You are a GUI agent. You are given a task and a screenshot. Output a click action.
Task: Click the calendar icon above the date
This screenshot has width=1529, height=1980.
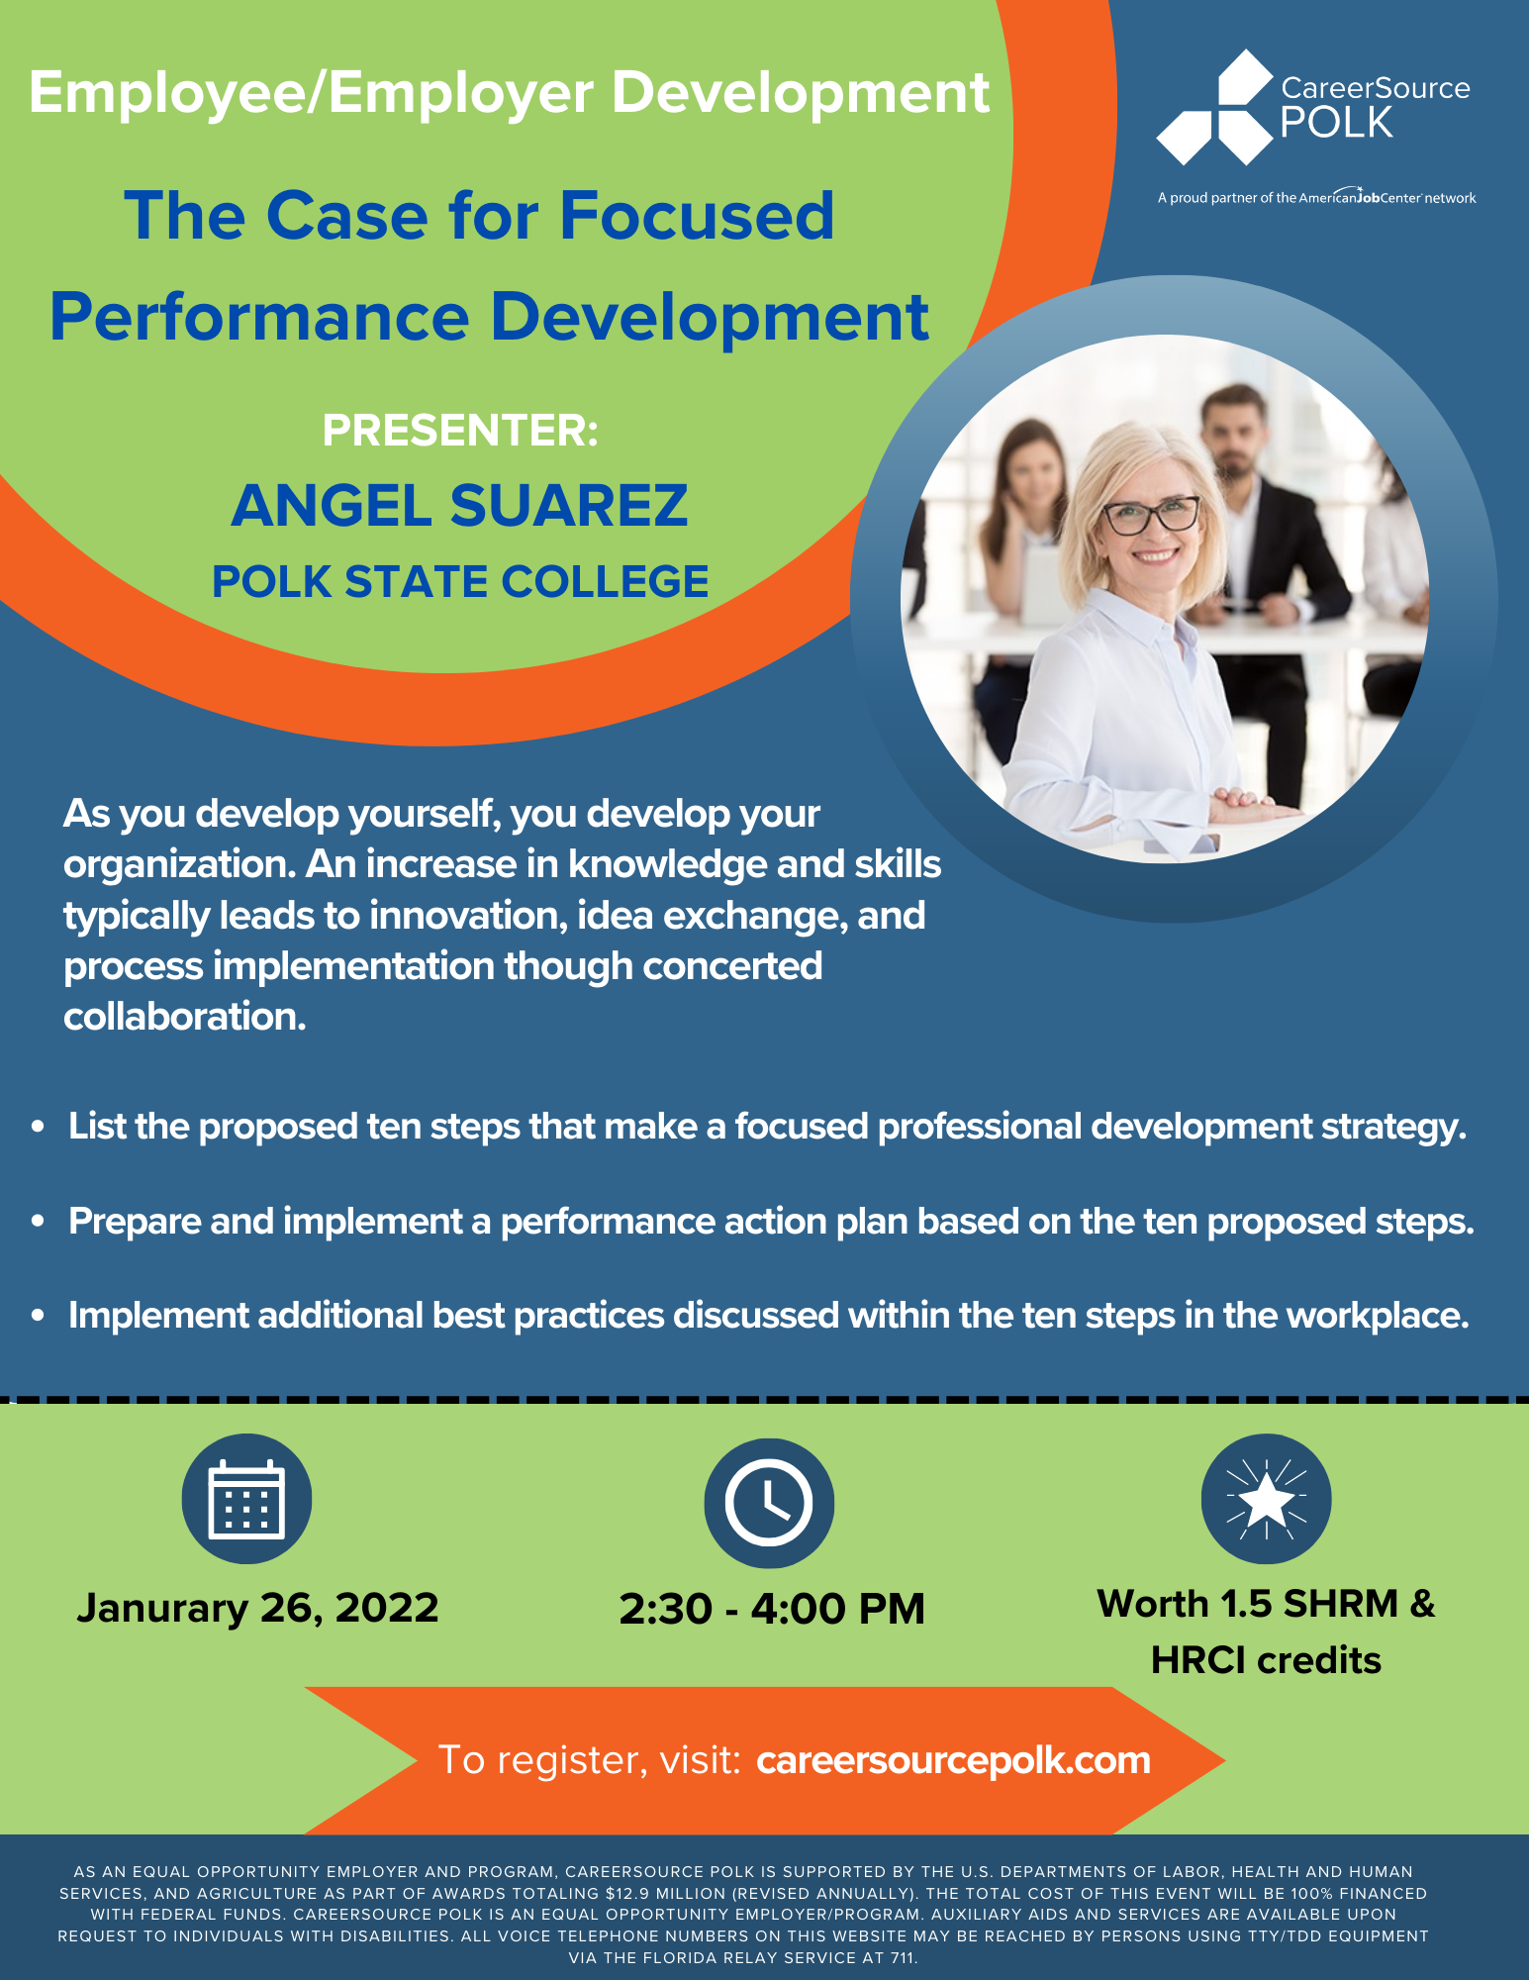click(246, 1499)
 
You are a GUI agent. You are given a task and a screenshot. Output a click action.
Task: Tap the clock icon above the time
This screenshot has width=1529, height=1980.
click(769, 1503)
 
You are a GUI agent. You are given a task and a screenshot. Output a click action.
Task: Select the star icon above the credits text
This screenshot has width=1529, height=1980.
click(1266, 1499)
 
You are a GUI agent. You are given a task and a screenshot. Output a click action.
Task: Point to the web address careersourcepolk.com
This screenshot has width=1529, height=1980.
click(953, 1760)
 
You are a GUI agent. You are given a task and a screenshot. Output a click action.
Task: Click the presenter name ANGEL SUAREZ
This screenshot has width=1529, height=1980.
click(459, 505)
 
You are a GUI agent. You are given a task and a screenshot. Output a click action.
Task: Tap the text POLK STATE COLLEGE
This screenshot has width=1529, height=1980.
click(460, 582)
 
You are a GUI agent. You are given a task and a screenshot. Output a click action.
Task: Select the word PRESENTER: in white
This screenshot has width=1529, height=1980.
click(460, 430)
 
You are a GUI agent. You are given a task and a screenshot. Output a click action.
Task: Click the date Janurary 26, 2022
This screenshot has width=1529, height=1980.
click(257, 1608)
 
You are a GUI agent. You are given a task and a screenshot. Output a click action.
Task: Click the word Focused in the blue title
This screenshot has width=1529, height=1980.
click(697, 216)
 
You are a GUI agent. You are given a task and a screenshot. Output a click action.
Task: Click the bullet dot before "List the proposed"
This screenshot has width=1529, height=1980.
click(39, 1127)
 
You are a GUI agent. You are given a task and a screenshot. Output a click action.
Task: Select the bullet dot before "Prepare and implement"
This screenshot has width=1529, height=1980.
click(39, 1222)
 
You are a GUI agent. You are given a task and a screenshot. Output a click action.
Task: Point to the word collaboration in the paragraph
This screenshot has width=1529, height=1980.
click(184, 1017)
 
